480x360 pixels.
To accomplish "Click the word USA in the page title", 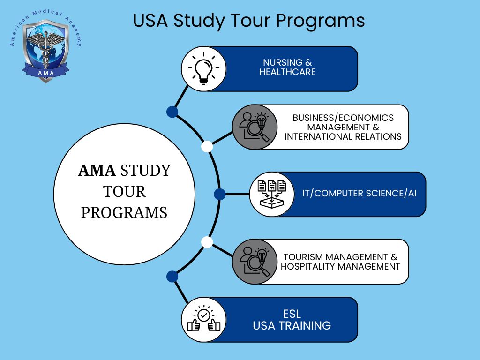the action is pos(150,21).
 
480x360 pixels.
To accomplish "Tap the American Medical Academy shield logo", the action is pos(46,50).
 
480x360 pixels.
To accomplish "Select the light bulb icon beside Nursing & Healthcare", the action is pos(203,68).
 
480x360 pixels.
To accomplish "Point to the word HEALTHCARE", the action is pos(287,72).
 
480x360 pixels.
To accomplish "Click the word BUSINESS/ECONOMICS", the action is pos(343,118).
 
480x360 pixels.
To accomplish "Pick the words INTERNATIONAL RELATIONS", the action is pos(343,136).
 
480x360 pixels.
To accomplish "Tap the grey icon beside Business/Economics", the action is pos(255,127).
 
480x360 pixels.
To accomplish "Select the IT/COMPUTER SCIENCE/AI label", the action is pos(360,194).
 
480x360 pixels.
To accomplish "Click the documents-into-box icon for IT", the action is pos(272,194).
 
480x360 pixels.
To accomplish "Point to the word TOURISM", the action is pos(303,257).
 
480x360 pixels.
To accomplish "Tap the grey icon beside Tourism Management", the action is pos(255,262).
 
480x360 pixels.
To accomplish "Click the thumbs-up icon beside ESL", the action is pos(203,319).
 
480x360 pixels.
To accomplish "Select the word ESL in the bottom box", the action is pos(292,314).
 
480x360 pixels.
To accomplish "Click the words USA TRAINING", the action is pos(292,326).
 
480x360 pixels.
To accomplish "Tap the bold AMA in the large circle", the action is pos(97,171).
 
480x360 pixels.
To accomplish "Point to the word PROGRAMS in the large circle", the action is pos(124,212).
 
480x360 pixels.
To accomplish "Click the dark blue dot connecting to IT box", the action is pos(220,194).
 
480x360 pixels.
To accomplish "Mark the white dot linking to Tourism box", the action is pos(207,242).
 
